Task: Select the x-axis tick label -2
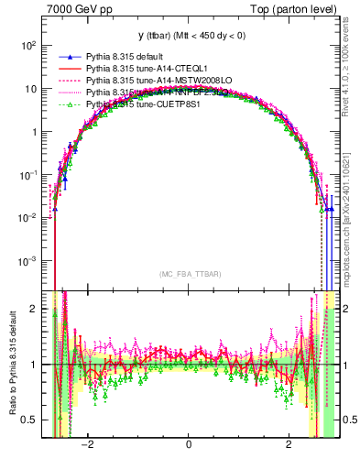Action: tap(87, 448)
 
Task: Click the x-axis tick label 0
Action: tap(188, 448)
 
